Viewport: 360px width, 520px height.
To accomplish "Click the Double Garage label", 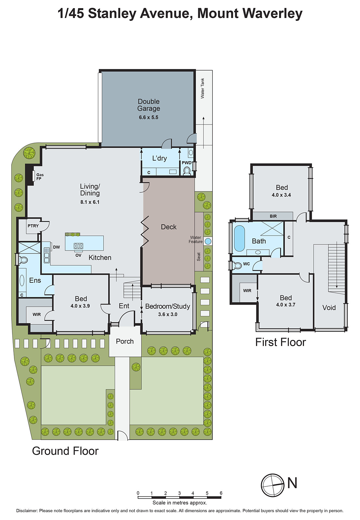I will [148, 105].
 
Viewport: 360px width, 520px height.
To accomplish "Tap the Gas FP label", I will [40, 177].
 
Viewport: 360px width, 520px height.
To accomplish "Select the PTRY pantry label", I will [33, 226].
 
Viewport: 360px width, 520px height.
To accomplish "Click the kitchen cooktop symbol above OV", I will [78, 246].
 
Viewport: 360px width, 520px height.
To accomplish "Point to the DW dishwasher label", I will [57, 247].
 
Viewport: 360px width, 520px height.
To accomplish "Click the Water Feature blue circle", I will [208, 241].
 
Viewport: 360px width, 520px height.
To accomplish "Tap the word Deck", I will [169, 227].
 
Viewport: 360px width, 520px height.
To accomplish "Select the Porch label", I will [125, 341].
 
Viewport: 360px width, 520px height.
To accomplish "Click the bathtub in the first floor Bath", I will [239, 238].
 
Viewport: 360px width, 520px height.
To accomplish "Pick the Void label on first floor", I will [329, 307].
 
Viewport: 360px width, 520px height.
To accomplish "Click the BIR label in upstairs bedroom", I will [273, 216].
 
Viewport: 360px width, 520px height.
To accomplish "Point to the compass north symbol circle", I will [273, 485].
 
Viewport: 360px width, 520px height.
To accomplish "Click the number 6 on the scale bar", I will [221, 493].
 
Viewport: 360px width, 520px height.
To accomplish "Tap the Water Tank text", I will [202, 88].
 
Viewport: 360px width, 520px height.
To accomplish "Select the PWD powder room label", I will [186, 163].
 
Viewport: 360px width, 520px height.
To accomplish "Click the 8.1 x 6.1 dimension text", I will [90, 202].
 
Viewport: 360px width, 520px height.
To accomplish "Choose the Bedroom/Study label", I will [167, 306].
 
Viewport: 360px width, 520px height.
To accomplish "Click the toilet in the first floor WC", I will [238, 266].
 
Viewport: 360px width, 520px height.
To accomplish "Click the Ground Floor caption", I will [65, 451].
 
